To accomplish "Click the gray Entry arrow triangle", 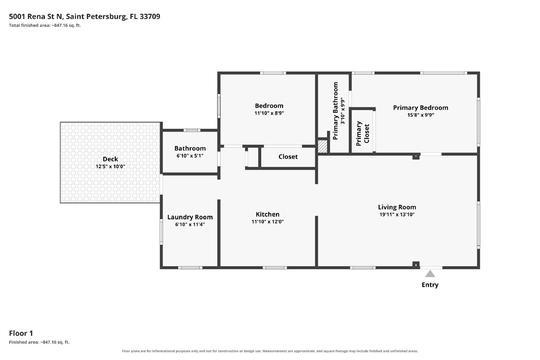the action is point(430,274).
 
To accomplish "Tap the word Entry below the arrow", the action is point(430,285).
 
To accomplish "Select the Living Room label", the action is point(397,207).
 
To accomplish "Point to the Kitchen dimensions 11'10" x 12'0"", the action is point(268,222).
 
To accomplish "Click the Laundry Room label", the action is point(190,217).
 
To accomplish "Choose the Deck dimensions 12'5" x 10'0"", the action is point(110,167).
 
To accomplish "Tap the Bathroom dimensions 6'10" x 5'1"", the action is point(190,156).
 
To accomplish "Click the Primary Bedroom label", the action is point(421,108).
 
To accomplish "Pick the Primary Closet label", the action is point(362,134).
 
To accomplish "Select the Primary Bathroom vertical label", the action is point(335,111).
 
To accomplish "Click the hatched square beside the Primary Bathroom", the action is point(323,146).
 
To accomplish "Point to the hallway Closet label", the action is point(288,157).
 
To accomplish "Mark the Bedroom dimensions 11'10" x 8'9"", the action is point(269,113).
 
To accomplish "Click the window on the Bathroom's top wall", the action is point(192,130).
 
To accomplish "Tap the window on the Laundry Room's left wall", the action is point(161,231).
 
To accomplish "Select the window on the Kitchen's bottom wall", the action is point(275,268).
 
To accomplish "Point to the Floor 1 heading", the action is point(21,333).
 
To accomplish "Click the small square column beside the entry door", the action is point(416,265).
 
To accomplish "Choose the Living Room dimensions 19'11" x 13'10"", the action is point(397,215).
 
